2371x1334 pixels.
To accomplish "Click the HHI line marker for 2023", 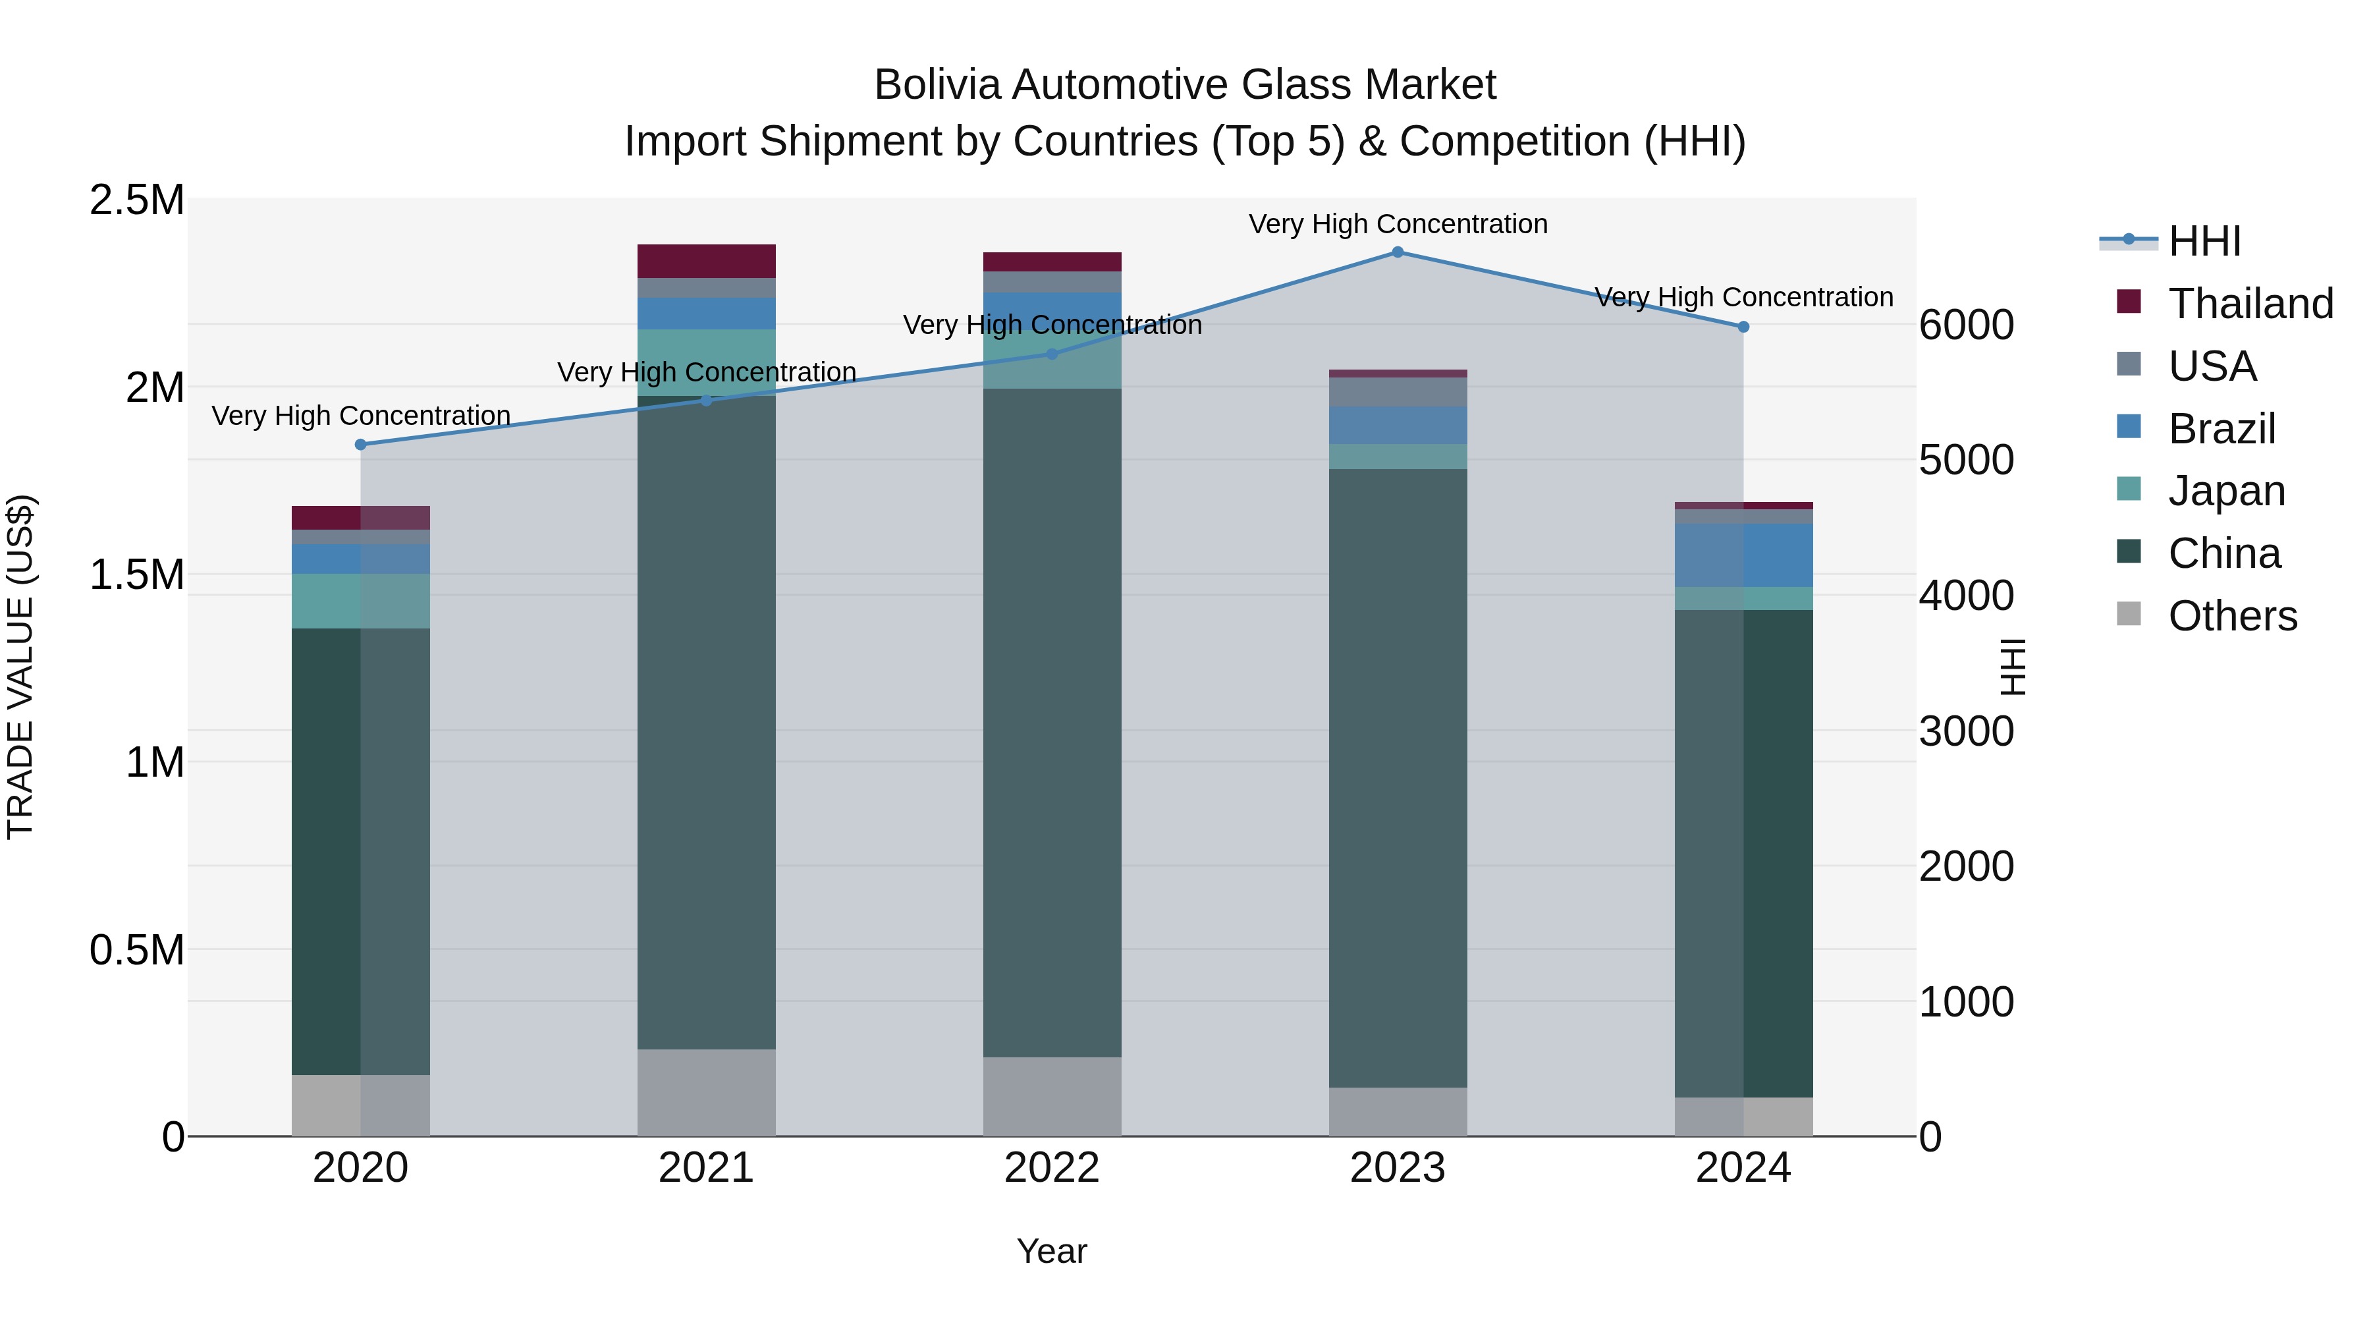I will [1397, 252].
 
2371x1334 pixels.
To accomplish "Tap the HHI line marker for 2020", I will [361, 445].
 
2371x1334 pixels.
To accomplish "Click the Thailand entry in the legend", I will [2250, 304].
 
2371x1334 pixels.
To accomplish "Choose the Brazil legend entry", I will [2221, 429].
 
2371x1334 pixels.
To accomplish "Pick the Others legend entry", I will [2232, 616].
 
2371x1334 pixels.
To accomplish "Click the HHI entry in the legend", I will [2204, 241].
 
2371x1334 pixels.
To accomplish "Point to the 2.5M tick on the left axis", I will [136, 200].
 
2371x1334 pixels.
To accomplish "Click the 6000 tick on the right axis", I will [1966, 325].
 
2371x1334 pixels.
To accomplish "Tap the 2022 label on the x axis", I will [1051, 1168].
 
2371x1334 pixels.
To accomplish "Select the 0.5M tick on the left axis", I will [136, 950].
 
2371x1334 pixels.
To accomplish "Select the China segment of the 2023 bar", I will [1397, 778].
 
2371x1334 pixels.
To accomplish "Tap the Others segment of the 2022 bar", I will [1051, 1096].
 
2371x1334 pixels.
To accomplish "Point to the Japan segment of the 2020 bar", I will [361, 601].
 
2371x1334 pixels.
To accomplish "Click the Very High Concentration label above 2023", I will [1397, 224].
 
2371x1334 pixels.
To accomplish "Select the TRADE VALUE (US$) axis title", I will [20, 667].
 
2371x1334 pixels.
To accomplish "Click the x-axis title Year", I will [1051, 1251].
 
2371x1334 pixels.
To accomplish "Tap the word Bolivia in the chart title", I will [936, 85].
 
